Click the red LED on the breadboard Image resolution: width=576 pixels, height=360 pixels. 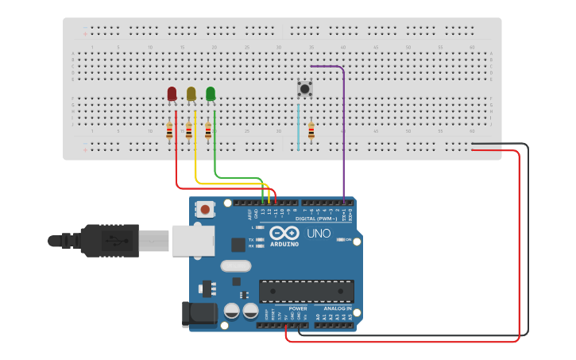point(172,94)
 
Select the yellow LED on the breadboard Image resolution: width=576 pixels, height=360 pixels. point(191,94)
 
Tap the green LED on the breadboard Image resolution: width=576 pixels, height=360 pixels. point(211,94)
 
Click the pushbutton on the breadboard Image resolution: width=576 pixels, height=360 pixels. point(303,87)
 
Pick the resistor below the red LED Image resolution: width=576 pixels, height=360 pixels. point(169,131)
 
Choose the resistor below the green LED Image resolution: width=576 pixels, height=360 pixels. point(208,131)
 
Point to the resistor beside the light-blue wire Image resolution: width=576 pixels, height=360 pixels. point(311,131)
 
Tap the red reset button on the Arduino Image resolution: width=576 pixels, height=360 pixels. point(206,210)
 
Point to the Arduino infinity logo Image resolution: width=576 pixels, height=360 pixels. point(285,233)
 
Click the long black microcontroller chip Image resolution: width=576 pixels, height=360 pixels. point(306,291)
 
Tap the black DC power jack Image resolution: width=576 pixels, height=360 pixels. point(199,314)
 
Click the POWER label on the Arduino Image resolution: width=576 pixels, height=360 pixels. point(298,308)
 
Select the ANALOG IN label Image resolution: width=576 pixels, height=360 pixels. point(338,308)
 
